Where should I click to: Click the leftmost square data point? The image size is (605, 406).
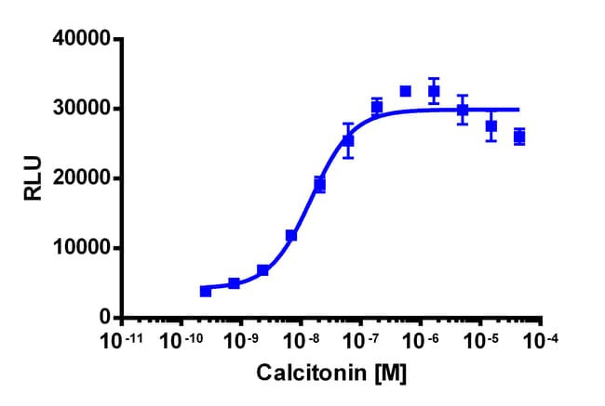coord(206,291)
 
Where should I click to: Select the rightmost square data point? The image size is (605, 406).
coord(519,138)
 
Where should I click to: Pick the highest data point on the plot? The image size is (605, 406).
coord(406,91)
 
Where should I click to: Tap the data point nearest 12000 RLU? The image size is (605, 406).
coord(291,236)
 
